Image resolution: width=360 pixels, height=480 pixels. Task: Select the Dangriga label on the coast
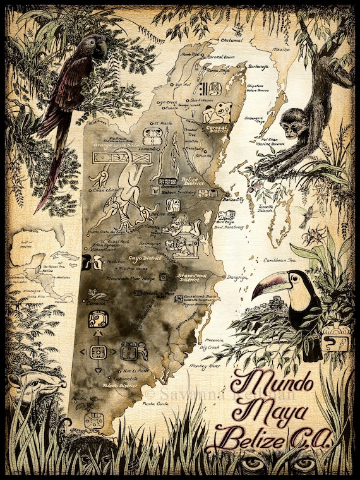[238, 276]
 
